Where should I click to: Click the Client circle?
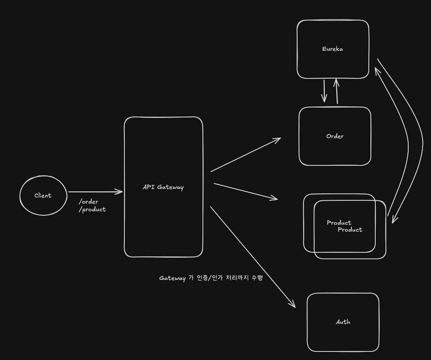tap(43, 195)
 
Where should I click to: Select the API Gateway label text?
tap(163, 187)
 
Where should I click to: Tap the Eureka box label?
tap(333, 49)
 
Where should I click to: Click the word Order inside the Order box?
tap(335, 137)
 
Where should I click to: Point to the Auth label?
tap(343, 322)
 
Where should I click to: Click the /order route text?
tap(89, 202)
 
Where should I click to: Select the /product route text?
tap(92, 209)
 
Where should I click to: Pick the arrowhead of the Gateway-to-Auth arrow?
tap(293, 305)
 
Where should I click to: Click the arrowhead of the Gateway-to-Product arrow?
tap(275, 199)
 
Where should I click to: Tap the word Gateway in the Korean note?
tap(172, 278)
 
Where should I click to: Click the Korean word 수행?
tap(257, 278)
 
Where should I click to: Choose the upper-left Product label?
tap(339, 223)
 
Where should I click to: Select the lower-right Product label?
tap(350, 230)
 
